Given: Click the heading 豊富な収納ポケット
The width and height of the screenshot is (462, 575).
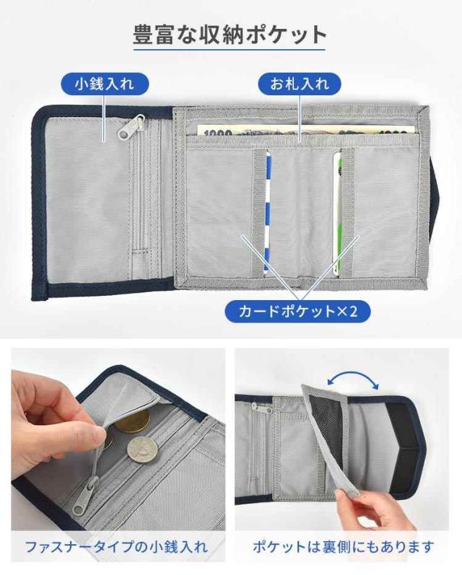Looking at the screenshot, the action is pos(230,35).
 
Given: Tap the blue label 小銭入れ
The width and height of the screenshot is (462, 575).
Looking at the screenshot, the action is pos(105,84).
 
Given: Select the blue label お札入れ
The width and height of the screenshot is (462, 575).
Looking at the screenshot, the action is pos(300,84).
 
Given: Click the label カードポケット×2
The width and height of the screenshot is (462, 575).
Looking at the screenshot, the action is pos(297,312).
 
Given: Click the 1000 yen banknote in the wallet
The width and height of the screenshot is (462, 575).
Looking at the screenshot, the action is pos(305,130).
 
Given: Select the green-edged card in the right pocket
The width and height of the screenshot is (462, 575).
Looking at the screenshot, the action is pos(337,213).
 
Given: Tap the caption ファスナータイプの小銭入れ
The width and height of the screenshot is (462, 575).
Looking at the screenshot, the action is pos(117,547).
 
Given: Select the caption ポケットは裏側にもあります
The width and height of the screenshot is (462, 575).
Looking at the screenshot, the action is pos(344,547).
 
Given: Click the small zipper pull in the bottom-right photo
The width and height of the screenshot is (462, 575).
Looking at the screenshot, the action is pos(256,408).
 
